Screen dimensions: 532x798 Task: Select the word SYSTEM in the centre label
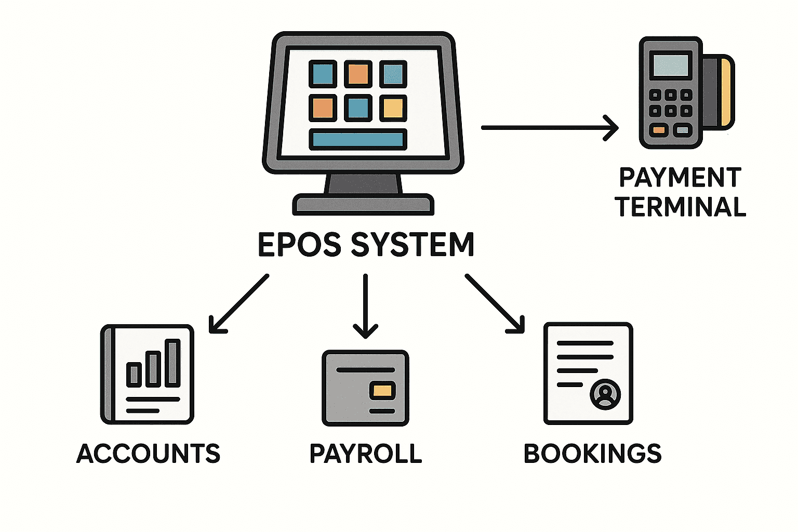413,245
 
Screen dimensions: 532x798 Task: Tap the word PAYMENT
680,178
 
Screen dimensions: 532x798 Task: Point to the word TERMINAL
681,207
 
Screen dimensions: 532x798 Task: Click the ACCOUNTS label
149,454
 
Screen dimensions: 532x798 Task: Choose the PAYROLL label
366,454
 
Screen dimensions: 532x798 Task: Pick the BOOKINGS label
592,454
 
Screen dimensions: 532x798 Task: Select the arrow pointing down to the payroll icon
366,307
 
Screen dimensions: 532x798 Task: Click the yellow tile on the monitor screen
393,108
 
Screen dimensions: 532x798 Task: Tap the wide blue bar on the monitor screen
358,140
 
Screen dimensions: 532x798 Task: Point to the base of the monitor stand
363,205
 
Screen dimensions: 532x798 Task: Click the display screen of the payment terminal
671,65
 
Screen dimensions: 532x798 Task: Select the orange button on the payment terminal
659,130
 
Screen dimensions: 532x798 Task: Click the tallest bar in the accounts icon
172,363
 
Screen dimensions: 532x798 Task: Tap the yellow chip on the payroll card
382,391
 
